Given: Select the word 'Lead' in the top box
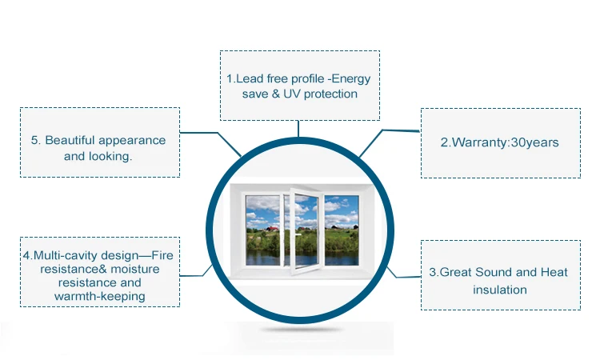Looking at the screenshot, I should pos(247,79).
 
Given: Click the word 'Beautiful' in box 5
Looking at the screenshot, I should pos(81,140).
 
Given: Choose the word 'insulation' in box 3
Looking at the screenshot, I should pos(499,289).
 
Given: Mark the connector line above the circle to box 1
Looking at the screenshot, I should pos(298,128).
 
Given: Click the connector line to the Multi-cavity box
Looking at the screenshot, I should pos(196,272).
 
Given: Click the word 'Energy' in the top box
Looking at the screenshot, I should pos(352,79).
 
